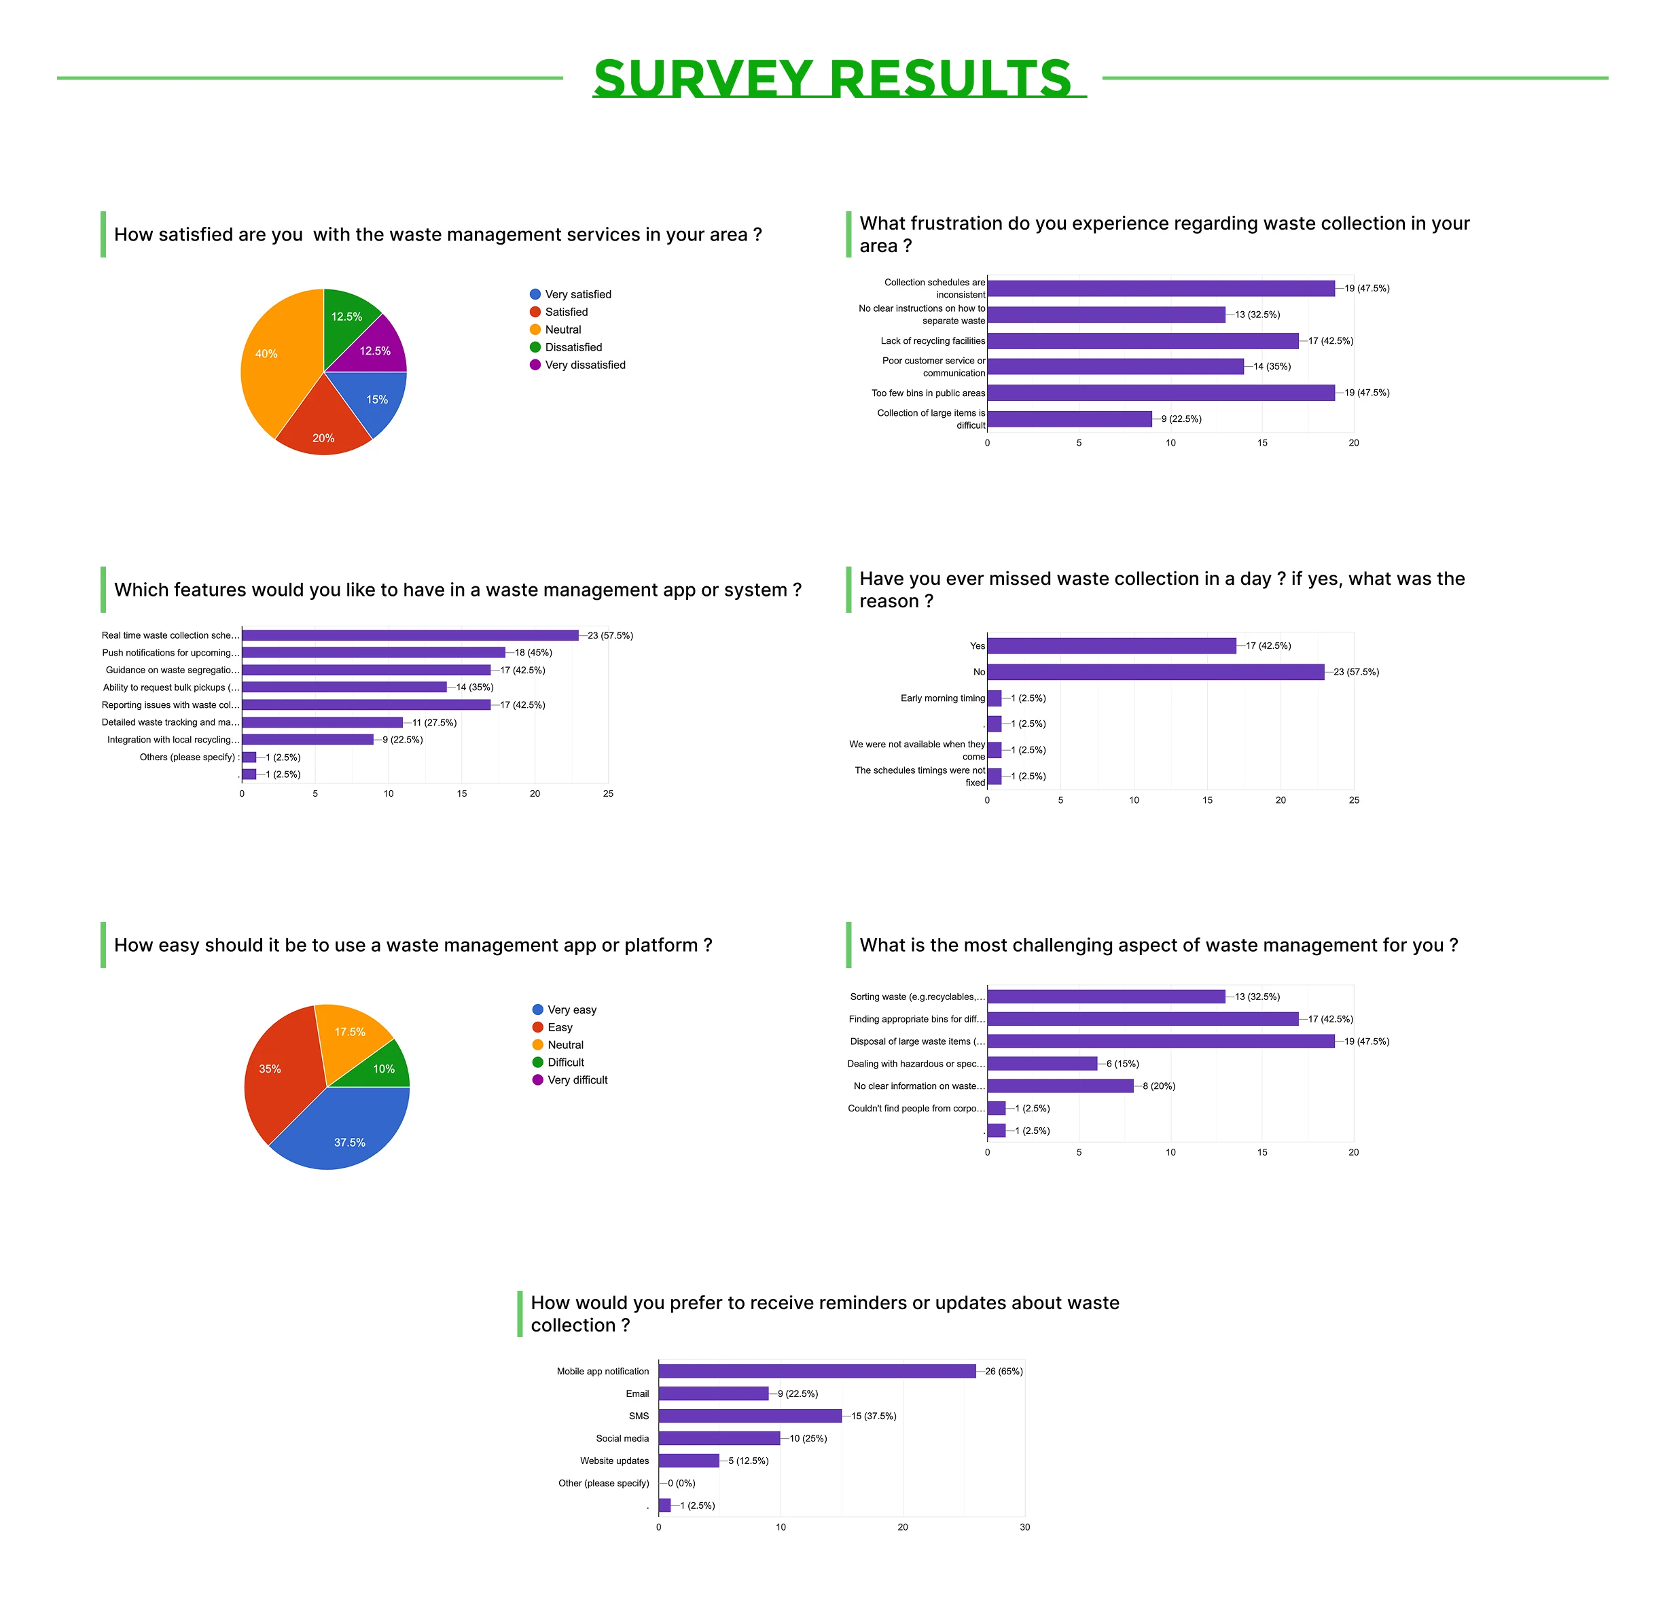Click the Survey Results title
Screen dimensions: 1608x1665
pos(833,78)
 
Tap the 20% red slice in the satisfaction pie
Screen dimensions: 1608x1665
pos(323,425)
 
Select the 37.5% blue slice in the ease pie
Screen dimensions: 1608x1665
pos(344,1134)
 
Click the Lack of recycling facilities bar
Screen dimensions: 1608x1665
pos(1143,340)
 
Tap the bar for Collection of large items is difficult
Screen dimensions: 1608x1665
pos(1069,418)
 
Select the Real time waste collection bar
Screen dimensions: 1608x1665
pos(410,635)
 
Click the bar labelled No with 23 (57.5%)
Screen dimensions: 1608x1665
pos(1156,672)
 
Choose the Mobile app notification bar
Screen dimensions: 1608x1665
pos(817,1371)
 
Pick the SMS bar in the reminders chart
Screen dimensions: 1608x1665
pos(749,1416)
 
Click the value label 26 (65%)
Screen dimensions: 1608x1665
pos(1003,1371)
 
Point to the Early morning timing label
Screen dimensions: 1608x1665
pos(942,698)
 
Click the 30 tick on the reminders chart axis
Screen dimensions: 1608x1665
pos(1024,1527)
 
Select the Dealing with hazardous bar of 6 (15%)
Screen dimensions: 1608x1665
pos(1041,1063)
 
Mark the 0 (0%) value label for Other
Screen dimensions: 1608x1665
pos(681,1483)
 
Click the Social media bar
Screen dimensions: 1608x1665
pos(719,1438)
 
